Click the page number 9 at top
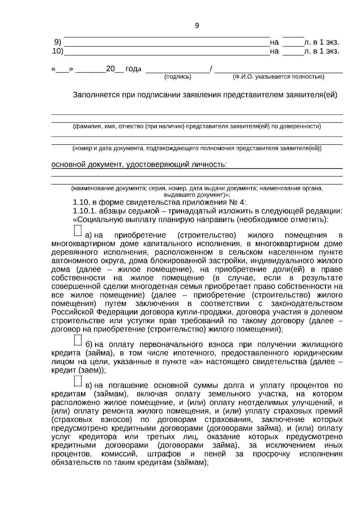coord(197,26)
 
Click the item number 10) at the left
coord(57,51)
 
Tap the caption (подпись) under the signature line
coord(178,77)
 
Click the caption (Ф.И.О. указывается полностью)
coord(279,77)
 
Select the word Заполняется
coord(96,95)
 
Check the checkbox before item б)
coord(78,340)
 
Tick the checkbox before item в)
coord(78,381)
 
